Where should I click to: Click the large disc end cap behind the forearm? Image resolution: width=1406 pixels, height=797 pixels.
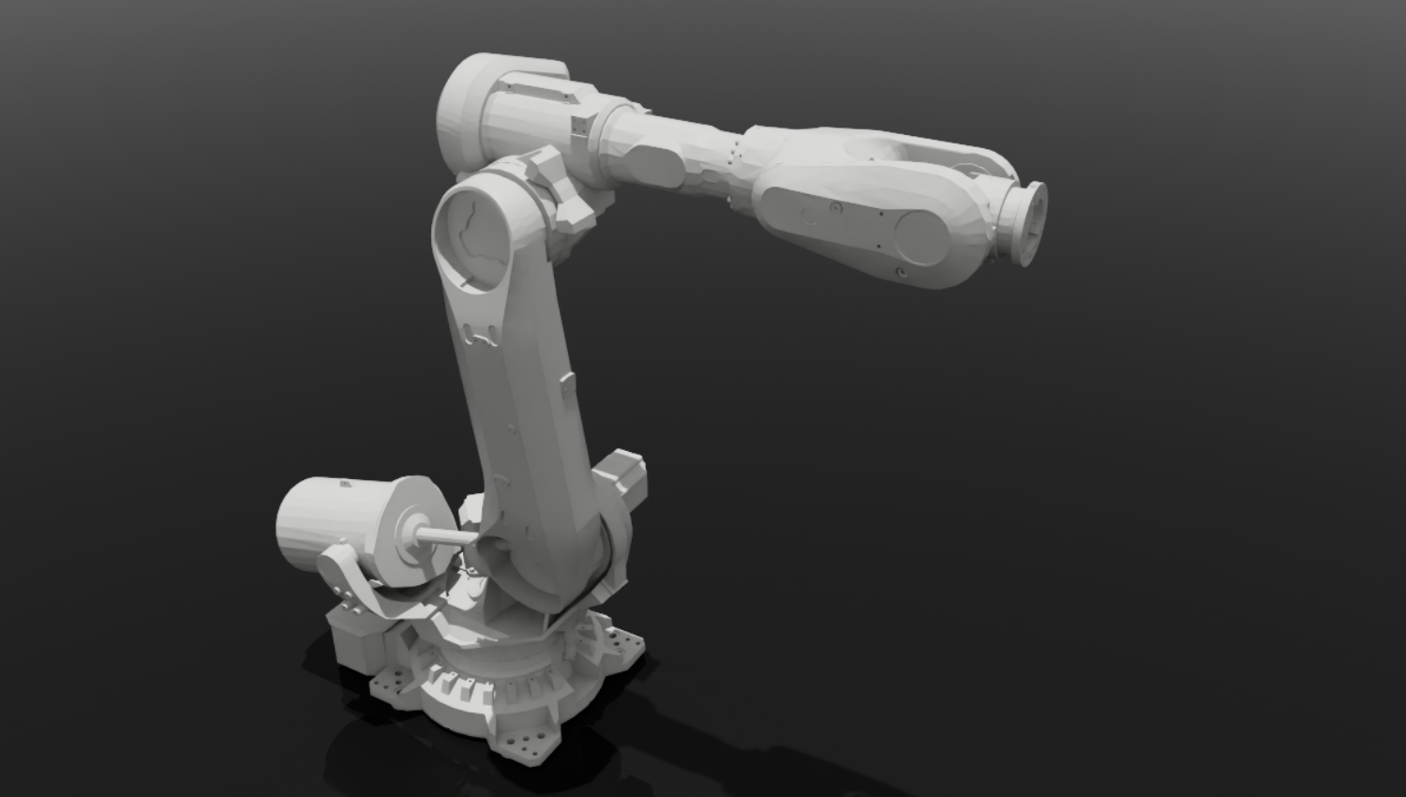tap(461, 113)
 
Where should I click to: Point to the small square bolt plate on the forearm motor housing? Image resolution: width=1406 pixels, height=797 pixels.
tap(578, 126)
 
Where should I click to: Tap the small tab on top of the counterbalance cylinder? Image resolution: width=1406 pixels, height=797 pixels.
tap(344, 484)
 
